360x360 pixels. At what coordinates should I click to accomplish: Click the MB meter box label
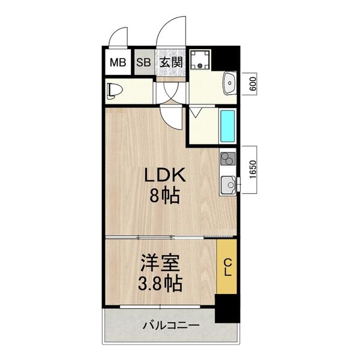118,61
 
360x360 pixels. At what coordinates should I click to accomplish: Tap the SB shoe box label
143,61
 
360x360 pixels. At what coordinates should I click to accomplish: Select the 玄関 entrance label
170,61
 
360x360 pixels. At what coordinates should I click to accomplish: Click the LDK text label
164,176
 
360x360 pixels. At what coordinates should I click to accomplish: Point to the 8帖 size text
164,196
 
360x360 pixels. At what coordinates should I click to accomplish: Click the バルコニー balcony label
170,326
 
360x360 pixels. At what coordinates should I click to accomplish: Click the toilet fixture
115,91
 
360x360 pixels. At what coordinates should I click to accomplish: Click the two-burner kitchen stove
227,159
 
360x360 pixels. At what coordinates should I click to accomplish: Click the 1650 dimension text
253,169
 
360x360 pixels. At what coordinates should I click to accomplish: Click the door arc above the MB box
119,37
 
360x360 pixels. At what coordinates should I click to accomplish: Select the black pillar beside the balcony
226,310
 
